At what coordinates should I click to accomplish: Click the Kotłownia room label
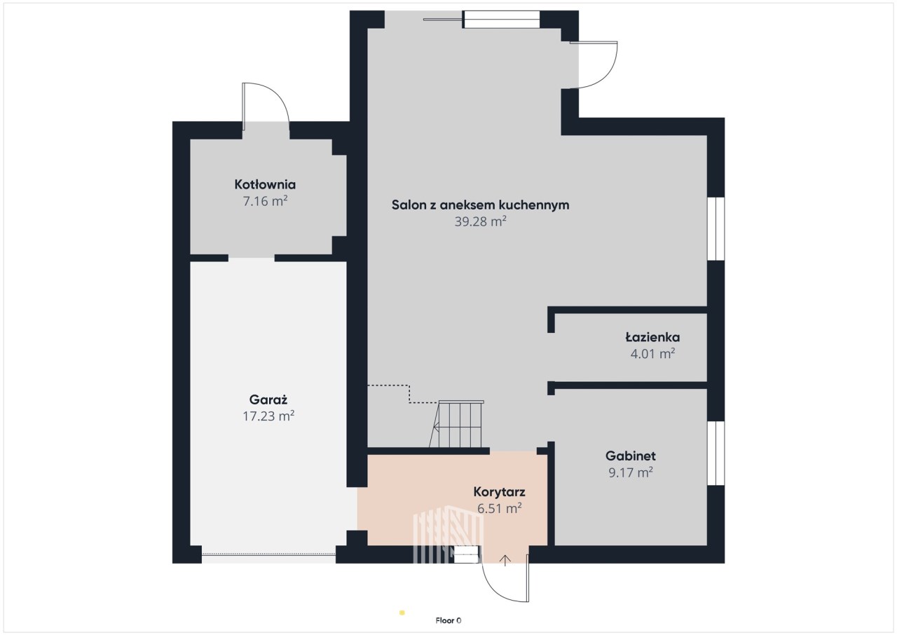pos(265,184)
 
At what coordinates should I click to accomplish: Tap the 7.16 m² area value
pos(265,200)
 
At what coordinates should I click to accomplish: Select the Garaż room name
pos(268,400)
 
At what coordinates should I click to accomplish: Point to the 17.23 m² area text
pos(268,416)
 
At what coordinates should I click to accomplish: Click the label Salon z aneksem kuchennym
pos(480,205)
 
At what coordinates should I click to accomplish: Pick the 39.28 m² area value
pos(480,221)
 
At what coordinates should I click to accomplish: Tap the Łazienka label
pos(652,337)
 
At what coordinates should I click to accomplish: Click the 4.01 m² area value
pos(652,353)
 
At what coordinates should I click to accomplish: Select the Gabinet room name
pos(631,456)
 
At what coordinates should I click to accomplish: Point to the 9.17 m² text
pos(631,472)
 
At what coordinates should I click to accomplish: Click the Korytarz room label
pos(500,491)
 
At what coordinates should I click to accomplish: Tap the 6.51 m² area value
pos(500,508)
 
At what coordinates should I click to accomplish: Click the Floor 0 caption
pos(448,620)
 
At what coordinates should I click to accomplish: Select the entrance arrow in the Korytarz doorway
pos(505,561)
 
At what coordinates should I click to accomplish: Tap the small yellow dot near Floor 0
pos(402,613)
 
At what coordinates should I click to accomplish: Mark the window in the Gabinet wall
pos(716,453)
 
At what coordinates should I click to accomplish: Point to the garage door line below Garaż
pos(268,554)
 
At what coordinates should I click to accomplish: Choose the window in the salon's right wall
pos(716,228)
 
